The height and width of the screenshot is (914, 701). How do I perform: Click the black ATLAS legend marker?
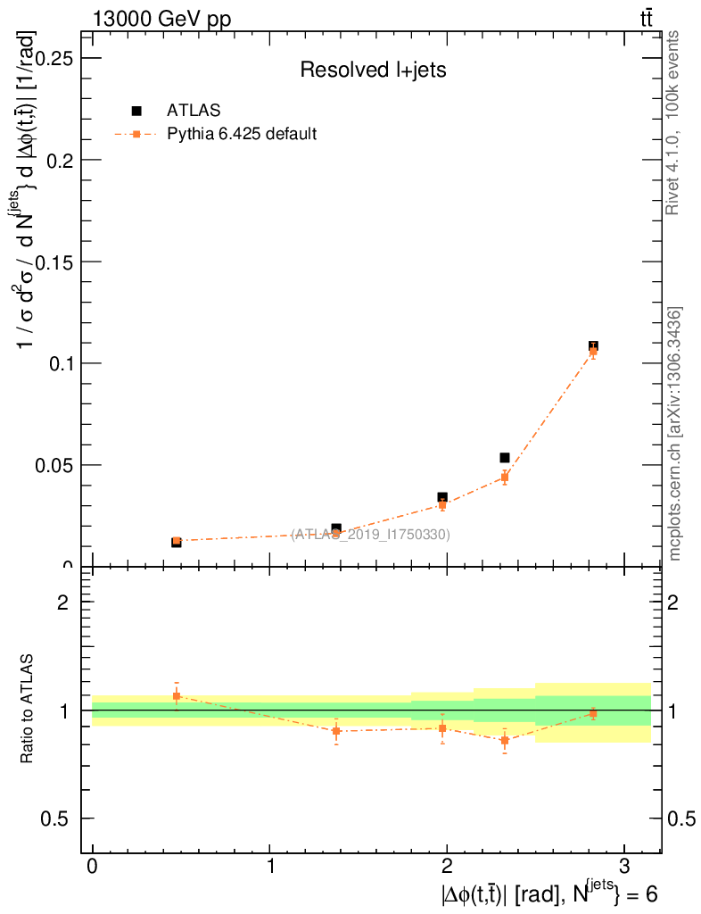tap(136, 111)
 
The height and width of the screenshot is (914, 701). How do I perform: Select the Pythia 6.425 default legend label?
tap(243, 135)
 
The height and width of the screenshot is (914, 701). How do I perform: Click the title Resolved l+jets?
tap(373, 71)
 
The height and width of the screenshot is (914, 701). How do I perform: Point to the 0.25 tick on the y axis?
tap(53, 58)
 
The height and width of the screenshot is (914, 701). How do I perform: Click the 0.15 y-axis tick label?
tap(53, 262)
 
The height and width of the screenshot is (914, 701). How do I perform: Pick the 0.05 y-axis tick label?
tap(53, 465)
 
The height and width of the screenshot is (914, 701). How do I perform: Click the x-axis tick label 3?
tap(623, 867)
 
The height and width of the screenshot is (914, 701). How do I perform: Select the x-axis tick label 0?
tap(93, 867)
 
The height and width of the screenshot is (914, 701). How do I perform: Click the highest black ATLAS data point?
tap(593, 345)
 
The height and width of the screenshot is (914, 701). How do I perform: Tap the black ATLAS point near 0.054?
tap(504, 458)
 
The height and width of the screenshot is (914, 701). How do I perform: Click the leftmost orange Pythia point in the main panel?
tap(177, 541)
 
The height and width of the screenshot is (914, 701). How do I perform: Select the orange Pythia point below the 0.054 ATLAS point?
tap(504, 478)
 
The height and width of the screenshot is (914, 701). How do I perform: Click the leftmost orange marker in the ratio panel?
tap(177, 695)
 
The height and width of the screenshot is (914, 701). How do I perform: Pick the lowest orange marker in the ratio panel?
tap(504, 740)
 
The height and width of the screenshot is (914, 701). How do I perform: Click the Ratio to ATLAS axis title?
tap(28, 710)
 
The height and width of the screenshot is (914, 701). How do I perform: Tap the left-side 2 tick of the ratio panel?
tap(63, 602)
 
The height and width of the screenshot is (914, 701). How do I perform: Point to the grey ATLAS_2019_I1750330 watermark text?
tap(370, 535)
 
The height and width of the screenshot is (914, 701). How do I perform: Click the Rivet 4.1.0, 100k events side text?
tap(674, 122)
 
